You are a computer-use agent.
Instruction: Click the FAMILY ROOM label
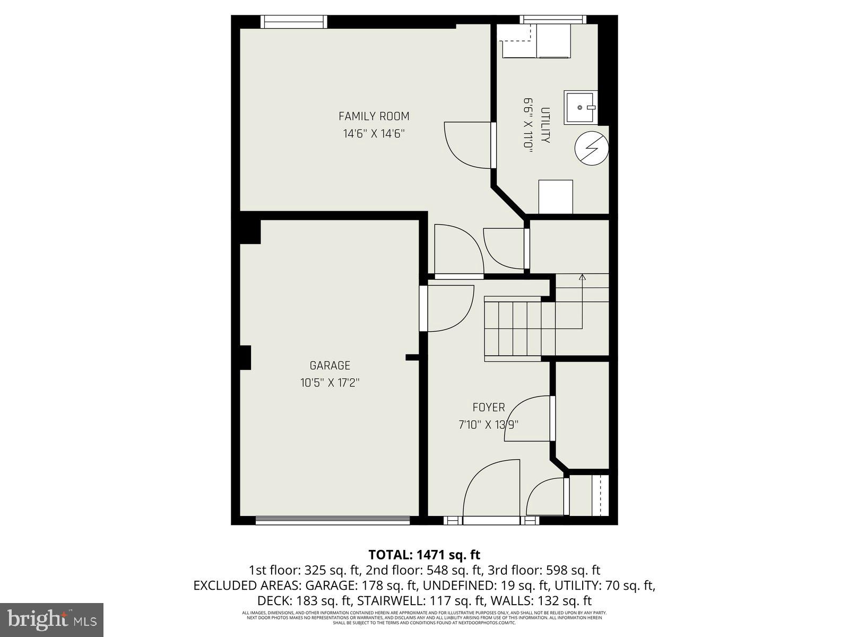374,116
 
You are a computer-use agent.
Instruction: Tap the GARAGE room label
330,365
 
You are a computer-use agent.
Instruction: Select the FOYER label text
488,407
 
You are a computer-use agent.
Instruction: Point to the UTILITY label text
545,125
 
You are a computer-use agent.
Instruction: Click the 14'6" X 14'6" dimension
374,133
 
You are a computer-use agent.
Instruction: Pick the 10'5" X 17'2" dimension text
330,382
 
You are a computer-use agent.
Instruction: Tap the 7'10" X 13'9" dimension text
488,424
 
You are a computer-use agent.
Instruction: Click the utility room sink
580,107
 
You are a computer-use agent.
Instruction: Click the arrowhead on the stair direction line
582,277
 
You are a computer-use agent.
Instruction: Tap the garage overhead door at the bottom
333,521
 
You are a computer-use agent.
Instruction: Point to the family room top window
294,21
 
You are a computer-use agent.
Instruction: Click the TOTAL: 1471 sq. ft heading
424,555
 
